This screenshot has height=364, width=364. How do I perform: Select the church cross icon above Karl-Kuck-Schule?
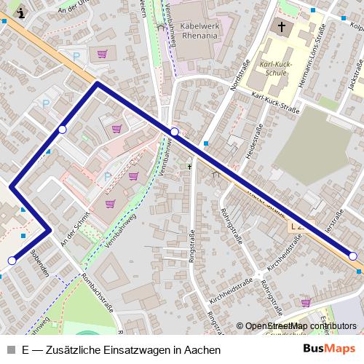(x=281, y=27)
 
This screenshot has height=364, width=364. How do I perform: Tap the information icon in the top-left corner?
(x=20, y=11)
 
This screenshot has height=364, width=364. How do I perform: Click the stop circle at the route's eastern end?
(x=353, y=256)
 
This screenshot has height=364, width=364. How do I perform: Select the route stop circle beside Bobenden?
(x=12, y=261)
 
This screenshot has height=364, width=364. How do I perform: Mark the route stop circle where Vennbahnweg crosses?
(x=175, y=132)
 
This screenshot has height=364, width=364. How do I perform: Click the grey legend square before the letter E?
(x=11, y=350)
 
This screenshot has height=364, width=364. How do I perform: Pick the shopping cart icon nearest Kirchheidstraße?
(x=110, y=204)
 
